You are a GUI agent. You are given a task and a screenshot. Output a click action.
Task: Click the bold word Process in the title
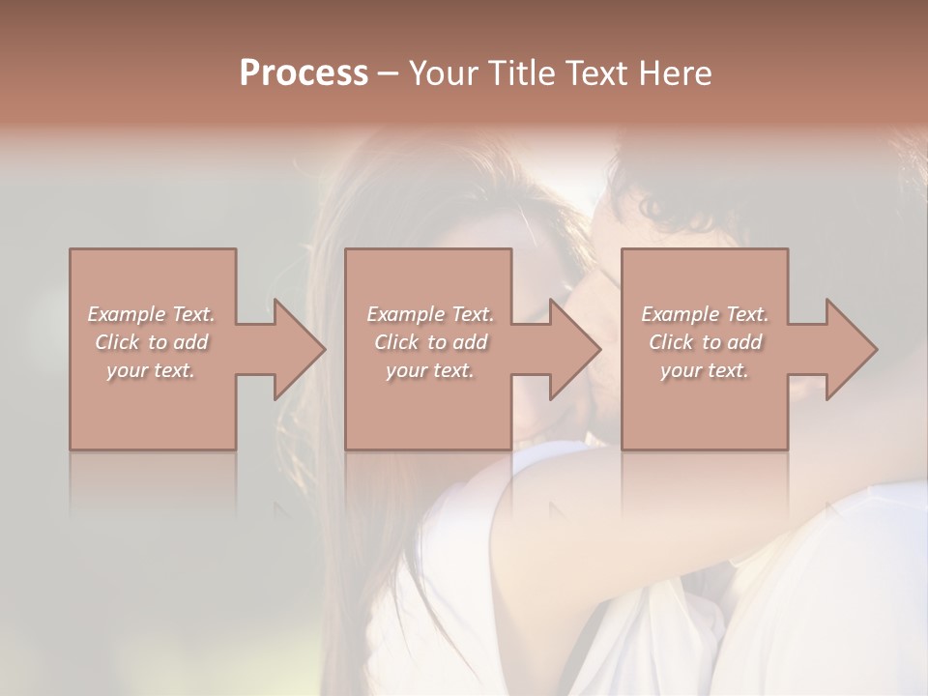coord(304,73)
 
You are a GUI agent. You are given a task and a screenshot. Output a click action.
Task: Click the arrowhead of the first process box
coord(300,349)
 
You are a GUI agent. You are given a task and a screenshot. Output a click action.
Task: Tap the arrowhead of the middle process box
coord(576,349)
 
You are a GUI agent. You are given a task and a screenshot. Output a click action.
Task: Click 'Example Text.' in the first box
coord(151,314)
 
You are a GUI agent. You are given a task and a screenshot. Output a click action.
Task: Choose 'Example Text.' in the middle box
coord(430,314)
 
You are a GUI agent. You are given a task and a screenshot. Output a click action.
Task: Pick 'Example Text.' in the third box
coord(705,314)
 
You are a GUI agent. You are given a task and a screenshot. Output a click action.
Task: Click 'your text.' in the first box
coord(151,370)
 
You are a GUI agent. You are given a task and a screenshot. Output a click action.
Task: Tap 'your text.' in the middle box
coord(430,370)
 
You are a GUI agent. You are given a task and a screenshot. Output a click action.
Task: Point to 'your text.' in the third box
coord(705,370)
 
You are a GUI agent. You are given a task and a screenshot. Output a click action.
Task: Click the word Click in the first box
coord(117,342)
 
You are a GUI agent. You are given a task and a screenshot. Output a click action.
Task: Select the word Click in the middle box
coord(396,342)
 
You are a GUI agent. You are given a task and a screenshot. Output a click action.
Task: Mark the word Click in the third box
coord(671,342)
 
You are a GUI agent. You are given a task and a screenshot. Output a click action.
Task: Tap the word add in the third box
coord(745,342)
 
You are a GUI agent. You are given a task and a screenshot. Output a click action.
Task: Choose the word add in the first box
coord(191,342)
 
